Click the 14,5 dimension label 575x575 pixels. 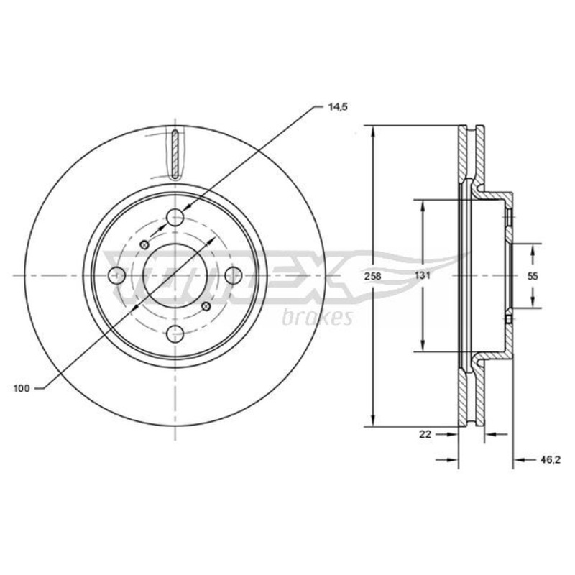336,107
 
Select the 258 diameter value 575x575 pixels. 372,276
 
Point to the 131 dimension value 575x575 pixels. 423,275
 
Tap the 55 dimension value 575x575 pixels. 533,276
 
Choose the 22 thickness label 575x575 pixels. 425,435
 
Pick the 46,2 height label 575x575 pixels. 550,460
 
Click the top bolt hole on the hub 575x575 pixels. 175,218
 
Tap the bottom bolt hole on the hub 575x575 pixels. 175,333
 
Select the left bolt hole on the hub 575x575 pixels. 117,275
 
